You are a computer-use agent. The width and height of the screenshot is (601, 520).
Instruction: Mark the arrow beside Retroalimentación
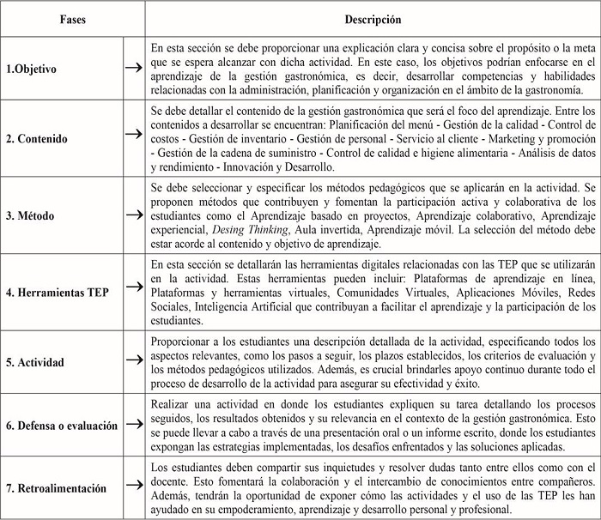133,488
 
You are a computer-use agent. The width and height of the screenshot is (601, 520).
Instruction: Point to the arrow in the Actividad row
133,362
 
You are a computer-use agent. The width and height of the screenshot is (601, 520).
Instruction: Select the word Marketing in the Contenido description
501,140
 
